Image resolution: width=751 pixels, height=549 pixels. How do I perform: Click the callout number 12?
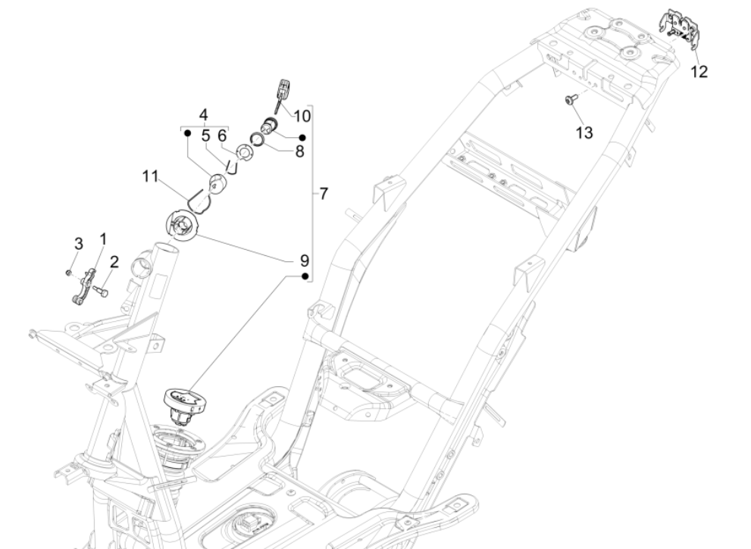698,72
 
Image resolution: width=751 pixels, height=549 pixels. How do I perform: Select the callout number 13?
584,132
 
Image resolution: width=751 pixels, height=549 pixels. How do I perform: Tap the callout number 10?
302,116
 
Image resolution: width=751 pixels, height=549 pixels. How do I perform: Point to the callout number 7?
324,194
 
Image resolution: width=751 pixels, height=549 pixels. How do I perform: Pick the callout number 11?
150,176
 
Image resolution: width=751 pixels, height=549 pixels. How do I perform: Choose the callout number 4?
203,114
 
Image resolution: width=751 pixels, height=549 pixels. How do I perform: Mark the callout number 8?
299,151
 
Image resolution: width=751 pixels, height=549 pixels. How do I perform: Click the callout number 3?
78,243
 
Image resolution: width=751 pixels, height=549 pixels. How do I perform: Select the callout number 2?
114,262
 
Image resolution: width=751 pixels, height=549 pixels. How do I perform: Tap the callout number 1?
103,239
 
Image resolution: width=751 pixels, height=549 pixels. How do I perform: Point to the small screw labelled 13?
571,98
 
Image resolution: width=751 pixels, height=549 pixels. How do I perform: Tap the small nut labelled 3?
68,272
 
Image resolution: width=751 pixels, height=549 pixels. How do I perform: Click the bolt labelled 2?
104,291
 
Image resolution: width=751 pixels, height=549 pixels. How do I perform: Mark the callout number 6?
221,136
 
